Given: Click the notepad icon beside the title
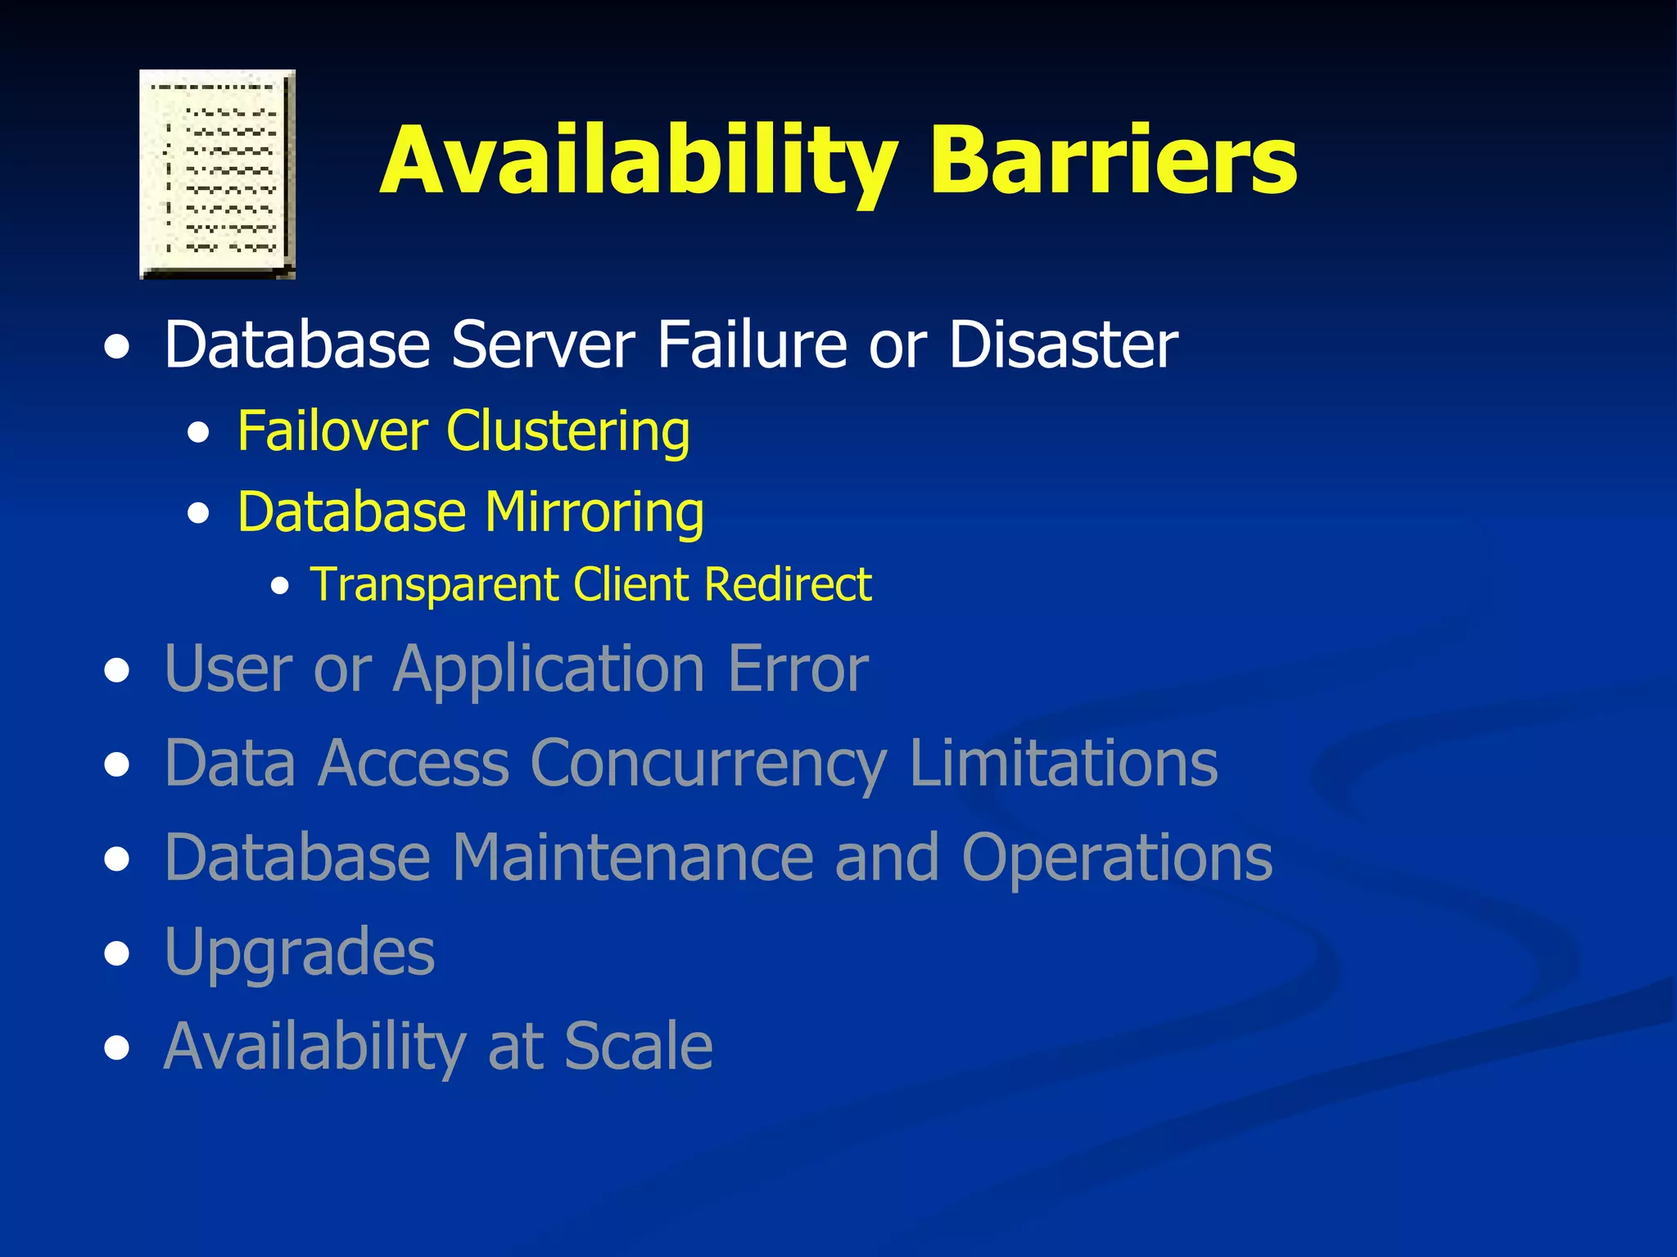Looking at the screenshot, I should click(x=217, y=174).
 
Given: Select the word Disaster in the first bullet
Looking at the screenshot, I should click(x=1063, y=345).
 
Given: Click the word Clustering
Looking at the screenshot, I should click(x=568, y=432).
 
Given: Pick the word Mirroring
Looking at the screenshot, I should click(x=594, y=513).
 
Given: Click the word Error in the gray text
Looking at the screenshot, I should click(x=798, y=669).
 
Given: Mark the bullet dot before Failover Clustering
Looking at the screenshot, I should click(x=197, y=433).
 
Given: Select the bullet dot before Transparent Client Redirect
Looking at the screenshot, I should click(x=280, y=586).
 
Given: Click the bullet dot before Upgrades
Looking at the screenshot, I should click(x=117, y=954).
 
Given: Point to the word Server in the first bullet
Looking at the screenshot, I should click(x=543, y=345).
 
